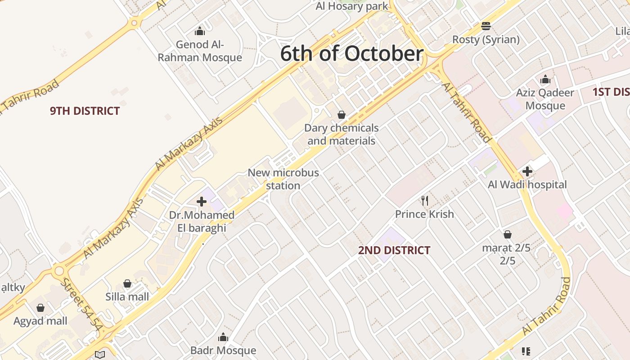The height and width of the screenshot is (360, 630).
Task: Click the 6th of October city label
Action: tap(351, 54)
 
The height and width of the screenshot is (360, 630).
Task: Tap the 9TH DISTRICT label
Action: tap(85, 111)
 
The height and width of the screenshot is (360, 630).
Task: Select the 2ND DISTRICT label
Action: tap(394, 250)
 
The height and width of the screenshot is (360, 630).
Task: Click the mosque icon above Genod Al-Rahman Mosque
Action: tap(200, 31)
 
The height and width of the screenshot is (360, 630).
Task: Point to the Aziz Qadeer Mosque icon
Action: tap(545, 80)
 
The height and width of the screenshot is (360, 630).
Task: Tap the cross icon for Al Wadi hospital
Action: tap(527, 171)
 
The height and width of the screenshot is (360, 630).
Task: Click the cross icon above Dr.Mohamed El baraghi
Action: tap(202, 202)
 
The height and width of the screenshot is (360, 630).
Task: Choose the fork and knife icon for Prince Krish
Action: tap(424, 200)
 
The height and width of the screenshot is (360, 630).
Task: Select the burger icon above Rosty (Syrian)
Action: tap(486, 26)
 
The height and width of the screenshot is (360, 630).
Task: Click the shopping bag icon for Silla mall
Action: tap(127, 283)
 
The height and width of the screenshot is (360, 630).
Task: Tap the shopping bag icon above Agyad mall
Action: tap(40, 308)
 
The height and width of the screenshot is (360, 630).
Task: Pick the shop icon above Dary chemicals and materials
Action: tap(342, 115)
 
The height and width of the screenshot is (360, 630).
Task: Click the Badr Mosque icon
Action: tap(223, 337)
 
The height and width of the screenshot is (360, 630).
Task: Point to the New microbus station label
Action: tap(283, 179)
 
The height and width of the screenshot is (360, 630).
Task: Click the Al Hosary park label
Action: tap(351, 6)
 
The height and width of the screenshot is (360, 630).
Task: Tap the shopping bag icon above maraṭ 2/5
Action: tap(508, 234)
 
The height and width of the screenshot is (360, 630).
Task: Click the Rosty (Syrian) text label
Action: tap(486, 40)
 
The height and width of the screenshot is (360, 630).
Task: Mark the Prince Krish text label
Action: tap(424, 214)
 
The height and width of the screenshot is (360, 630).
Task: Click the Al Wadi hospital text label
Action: tap(527, 184)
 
